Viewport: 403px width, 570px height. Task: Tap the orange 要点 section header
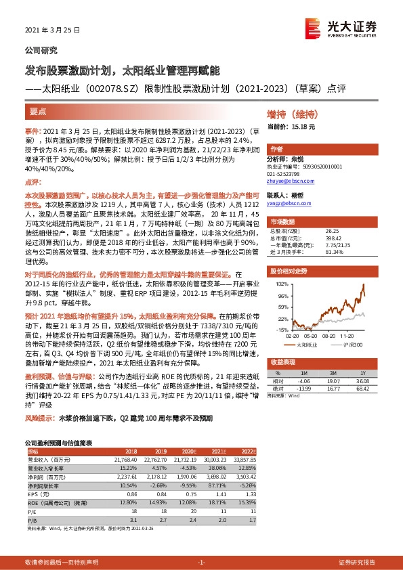click(39, 110)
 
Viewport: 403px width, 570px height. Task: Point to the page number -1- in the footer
click(201, 563)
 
